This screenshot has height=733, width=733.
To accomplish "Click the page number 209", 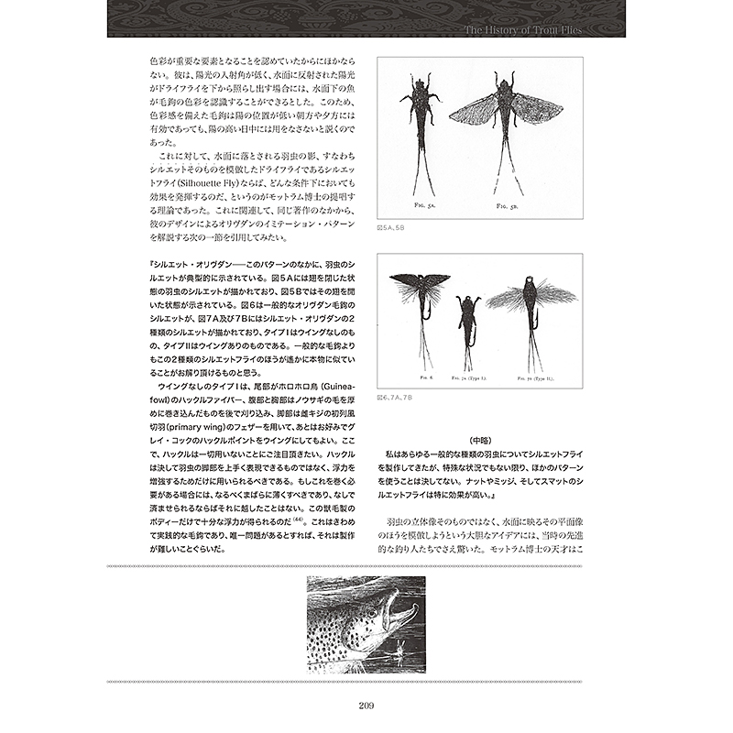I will point(366,705).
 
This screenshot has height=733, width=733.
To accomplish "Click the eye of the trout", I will point(388,608).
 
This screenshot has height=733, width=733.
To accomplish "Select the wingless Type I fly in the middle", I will point(467,321).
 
